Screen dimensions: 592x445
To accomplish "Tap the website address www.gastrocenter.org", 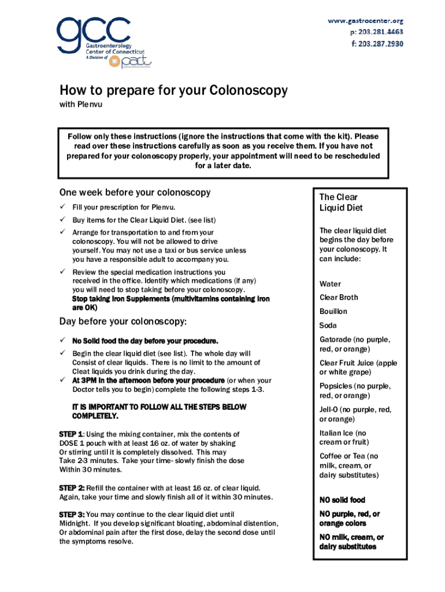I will [365, 21].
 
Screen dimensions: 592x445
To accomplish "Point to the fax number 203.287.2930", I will [376, 43].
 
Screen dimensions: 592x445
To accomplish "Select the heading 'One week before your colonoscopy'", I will [135, 193].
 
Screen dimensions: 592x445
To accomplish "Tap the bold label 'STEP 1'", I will [72, 434].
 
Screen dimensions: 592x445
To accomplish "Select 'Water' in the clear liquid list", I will [330, 284].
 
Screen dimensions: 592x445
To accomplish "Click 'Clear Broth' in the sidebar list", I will [339, 297].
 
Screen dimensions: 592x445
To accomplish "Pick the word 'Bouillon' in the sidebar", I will [333, 312].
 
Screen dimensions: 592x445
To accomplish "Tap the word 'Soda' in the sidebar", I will [328, 325].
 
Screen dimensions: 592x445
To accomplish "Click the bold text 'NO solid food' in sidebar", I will [342, 500].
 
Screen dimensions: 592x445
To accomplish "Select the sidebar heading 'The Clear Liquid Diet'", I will [341, 202].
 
